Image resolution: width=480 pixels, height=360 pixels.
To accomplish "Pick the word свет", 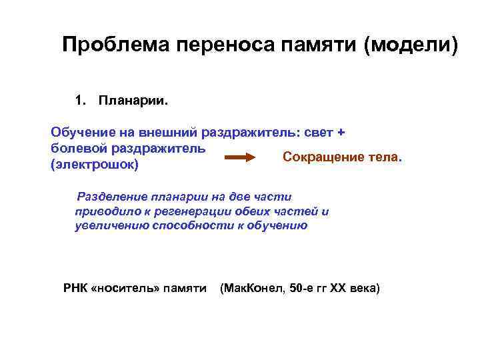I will click(319, 133).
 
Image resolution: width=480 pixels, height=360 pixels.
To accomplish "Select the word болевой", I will click(77, 148).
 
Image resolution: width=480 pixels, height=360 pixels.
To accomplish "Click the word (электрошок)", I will click(94, 164).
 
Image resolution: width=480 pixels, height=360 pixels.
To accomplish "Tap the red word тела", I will click(385, 157).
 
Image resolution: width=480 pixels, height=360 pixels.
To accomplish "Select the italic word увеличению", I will click(109, 225).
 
